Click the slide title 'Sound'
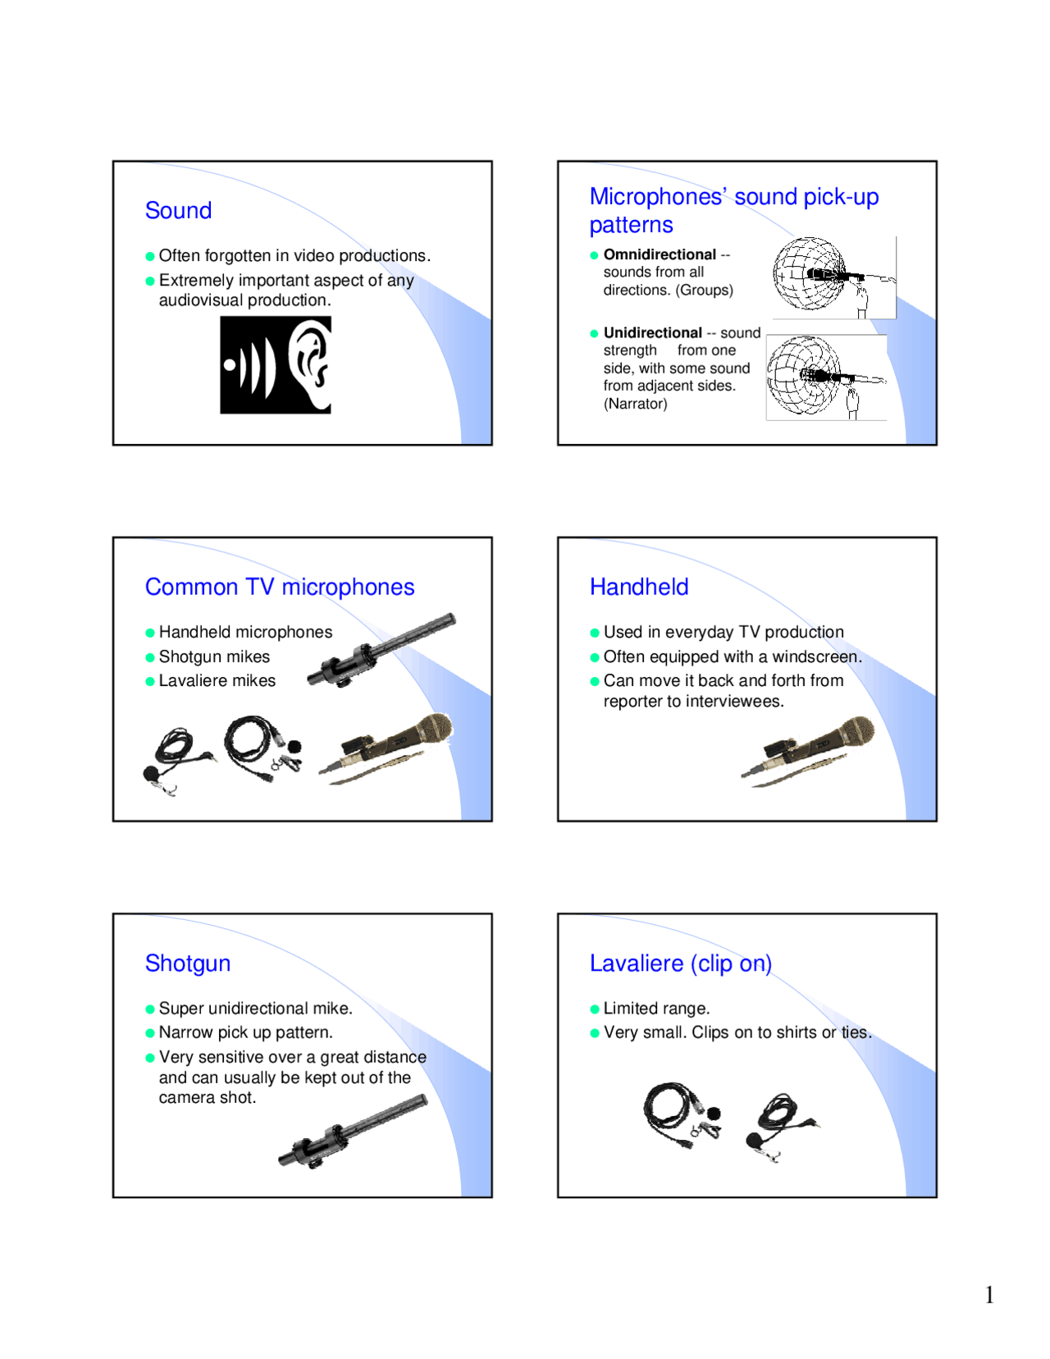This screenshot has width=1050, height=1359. [178, 211]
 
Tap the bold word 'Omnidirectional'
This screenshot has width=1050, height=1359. [660, 254]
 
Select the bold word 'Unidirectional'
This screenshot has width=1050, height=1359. [652, 332]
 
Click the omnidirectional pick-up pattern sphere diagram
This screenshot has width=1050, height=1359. [809, 274]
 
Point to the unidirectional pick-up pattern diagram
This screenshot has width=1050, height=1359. [804, 376]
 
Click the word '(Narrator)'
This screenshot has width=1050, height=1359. [635, 404]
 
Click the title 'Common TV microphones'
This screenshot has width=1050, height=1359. [279, 587]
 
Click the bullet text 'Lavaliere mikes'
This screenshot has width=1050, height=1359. [217, 680]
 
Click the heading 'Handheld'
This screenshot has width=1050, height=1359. [638, 587]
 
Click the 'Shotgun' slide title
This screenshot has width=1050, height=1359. [187, 963]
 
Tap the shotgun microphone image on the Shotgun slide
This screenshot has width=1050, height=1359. [353, 1131]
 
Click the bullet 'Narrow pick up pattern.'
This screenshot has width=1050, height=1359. [245, 1032]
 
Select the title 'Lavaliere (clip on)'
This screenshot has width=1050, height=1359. [680, 963]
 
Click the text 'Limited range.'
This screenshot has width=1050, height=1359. [656, 1008]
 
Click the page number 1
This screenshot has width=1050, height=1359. [989, 1294]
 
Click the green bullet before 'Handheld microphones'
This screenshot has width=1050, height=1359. [150, 633]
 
